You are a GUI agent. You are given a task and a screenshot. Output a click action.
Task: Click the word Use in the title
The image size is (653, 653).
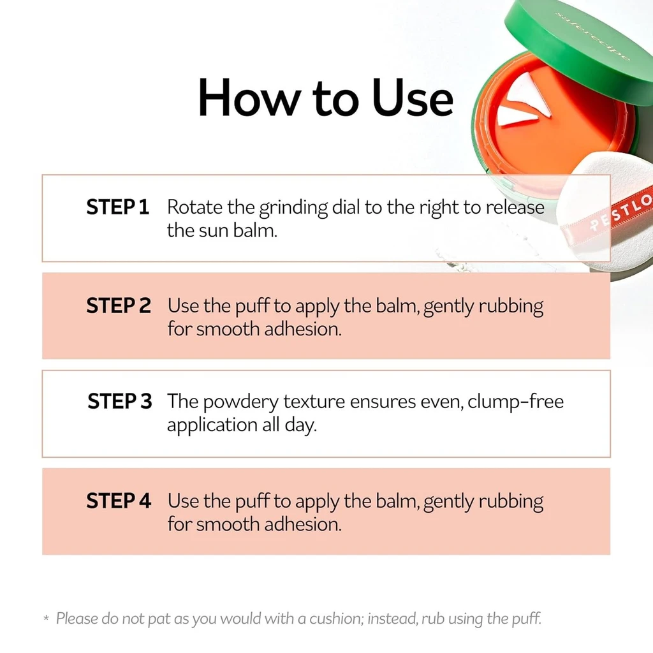click(x=413, y=98)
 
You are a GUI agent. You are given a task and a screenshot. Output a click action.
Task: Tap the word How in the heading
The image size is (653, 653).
click(x=249, y=98)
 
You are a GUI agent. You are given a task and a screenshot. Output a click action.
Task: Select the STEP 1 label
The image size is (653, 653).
click(x=117, y=207)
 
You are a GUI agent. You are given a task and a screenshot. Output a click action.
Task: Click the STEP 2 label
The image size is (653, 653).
click(x=118, y=305)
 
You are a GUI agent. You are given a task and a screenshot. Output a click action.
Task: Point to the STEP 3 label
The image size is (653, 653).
click(x=119, y=401)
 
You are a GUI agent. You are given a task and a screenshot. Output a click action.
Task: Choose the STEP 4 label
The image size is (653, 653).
click(x=118, y=500)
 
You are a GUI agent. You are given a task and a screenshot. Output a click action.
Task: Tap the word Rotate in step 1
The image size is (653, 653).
click(x=194, y=207)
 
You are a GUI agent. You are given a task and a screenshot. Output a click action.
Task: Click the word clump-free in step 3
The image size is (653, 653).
click(x=515, y=402)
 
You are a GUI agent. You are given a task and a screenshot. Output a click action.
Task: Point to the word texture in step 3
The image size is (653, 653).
click(x=314, y=402)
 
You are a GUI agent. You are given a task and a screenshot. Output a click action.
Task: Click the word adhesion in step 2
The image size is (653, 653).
click(x=303, y=329)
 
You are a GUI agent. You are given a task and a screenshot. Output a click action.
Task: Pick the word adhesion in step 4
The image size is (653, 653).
click(x=303, y=524)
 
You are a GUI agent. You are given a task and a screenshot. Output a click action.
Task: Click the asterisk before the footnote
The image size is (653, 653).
click(x=46, y=617)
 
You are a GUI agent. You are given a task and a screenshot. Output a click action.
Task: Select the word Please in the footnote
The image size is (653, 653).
click(x=77, y=619)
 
